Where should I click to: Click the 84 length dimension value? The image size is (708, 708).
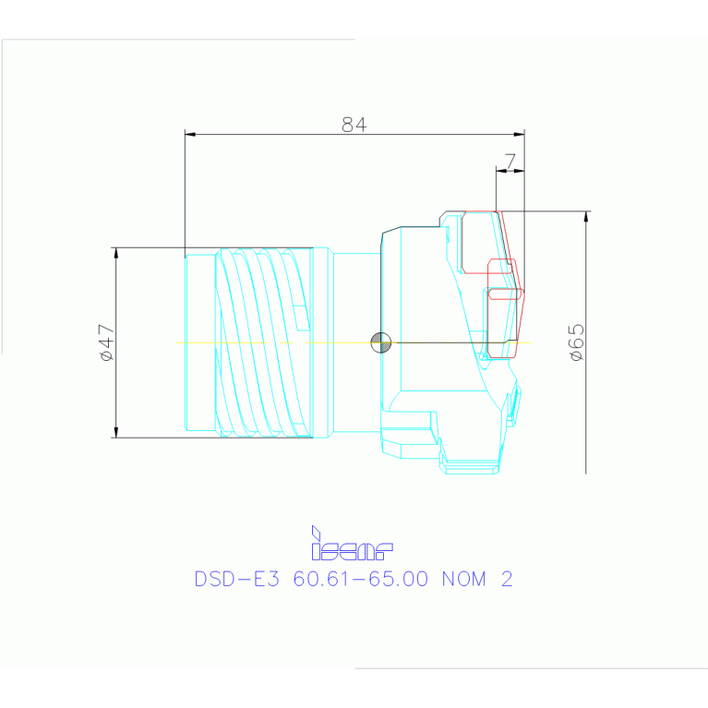[x=354, y=125]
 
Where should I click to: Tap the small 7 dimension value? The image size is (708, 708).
[x=510, y=161]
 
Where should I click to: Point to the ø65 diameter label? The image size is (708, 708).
[x=576, y=342]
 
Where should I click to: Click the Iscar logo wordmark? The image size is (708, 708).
[x=353, y=551]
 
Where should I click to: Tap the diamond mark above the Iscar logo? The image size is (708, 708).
[x=316, y=533]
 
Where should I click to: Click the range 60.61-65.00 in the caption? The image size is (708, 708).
[x=361, y=580]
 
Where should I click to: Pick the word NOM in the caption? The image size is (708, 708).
[x=466, y=580]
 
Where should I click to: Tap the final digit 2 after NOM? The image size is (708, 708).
[x=506, y=580]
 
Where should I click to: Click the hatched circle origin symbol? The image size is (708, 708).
[x=380, y=342]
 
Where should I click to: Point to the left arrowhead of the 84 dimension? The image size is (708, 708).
[x=190, y=135]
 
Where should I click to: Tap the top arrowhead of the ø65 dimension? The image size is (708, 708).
[x=585, y=217]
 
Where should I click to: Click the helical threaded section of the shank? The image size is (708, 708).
[x=263, y=342]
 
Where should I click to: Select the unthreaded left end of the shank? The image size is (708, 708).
[x=199, y=342]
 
